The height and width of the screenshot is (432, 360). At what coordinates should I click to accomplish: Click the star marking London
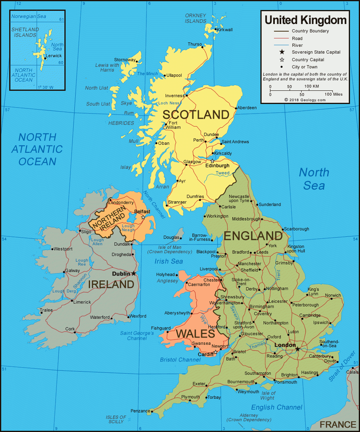[x=297, y=349]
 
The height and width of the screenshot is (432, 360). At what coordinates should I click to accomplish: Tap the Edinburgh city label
[x=217, y=166]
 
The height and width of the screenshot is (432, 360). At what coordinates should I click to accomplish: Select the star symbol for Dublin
[x=134, y=274]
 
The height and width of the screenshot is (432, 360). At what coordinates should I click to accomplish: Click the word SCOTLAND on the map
[x=196, y=115]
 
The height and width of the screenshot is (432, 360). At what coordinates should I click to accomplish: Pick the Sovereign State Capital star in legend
[x=282, y=52]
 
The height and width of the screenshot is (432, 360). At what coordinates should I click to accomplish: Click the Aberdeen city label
[x=247, y=108]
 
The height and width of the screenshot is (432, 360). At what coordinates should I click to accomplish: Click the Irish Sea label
[x=169, y=261]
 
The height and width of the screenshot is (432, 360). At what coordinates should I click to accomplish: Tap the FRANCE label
[x=338, y=424]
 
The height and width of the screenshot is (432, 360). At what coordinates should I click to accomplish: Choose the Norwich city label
[x=333, y=296]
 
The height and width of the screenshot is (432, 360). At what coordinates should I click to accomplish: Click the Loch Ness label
[x=169, y=103]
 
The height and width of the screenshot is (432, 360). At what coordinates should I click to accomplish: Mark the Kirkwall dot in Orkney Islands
[x=215, y=29]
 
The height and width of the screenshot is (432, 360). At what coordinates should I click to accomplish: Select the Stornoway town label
[x=124, y=60]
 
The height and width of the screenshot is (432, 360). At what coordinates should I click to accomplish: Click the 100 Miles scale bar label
[x=333, y=94]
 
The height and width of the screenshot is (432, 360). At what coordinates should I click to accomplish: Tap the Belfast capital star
[x=143, y=217]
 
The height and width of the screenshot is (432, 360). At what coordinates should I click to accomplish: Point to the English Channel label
[x=276, y=407]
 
